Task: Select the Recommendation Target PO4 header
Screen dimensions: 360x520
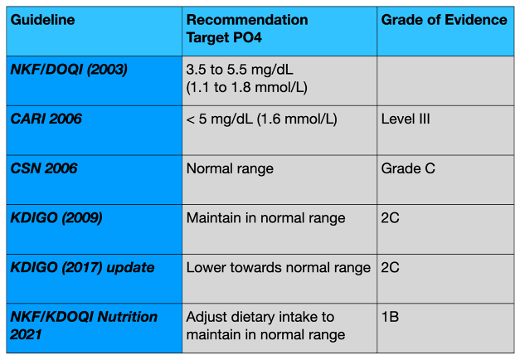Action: pos(246,27)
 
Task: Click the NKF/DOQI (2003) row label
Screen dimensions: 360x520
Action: pos(69,70)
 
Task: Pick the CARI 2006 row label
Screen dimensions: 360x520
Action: pos(46,119)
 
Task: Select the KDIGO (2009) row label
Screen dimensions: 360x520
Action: pos(56,218)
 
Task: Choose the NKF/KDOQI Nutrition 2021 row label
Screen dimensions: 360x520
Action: pos(84,325)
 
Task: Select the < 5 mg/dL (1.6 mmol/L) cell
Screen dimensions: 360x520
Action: pos(261,119)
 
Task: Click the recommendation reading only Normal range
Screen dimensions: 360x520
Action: pos(230,168)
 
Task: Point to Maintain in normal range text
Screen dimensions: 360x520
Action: pos(265,218)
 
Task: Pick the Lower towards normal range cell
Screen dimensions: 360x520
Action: pos(278,268)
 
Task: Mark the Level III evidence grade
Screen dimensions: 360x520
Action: pos(406,119)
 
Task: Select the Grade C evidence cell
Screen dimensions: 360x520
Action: pos(408,168)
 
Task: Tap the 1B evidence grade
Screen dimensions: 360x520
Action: pos(390,318)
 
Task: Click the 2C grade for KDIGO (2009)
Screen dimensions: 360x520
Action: pos(391,218)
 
